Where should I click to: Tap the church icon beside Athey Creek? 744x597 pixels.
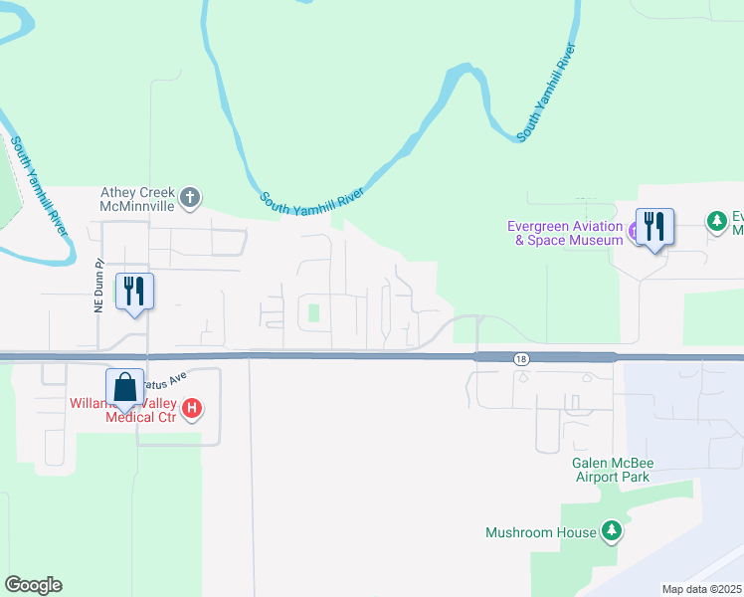[192, 199]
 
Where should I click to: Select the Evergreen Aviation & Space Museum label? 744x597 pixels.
[565, 233]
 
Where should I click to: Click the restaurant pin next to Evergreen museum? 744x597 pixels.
[654, 228]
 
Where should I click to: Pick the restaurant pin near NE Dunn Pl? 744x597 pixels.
[133, 293]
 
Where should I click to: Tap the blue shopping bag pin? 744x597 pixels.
[125, 389]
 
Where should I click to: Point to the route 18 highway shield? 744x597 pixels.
[522, 358]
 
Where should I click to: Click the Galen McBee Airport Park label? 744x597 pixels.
[611, 470]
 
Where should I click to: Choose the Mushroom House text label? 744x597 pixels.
[540, 532]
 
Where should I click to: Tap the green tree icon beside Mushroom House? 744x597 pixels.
[612, 531]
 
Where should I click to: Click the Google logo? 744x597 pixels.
[33, 585]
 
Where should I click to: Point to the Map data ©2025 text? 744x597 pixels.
[701, 589]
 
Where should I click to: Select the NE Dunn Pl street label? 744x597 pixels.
[99, 287]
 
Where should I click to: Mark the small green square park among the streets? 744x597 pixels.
[314, 312]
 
